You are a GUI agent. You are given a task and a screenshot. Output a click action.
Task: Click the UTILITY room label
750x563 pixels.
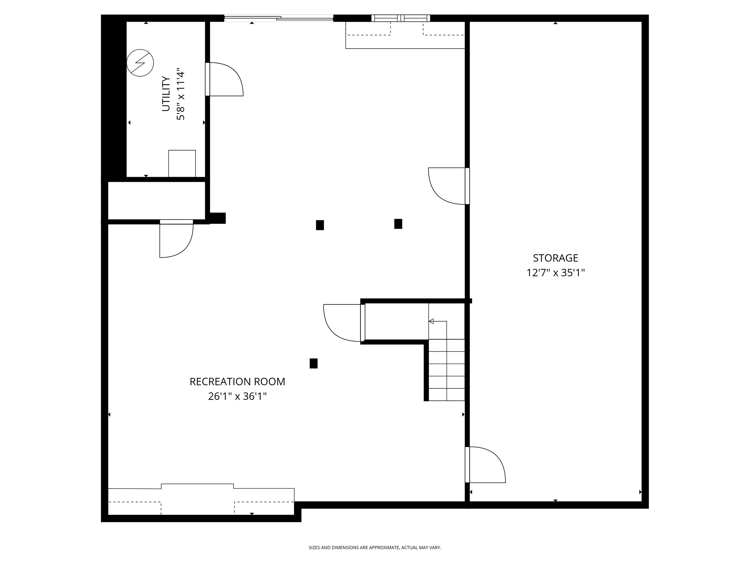166,94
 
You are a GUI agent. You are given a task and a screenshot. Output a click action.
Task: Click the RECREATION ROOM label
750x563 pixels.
237,381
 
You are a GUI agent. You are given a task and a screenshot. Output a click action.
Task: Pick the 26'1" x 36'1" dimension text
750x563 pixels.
237,396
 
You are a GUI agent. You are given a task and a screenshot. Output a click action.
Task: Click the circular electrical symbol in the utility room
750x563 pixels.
140,63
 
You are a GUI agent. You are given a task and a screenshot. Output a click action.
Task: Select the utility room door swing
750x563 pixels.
224,79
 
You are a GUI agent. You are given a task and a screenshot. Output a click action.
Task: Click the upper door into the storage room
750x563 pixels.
448,186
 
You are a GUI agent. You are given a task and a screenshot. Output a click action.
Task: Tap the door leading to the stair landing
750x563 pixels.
343,322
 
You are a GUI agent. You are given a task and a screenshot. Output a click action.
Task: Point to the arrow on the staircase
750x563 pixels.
431,321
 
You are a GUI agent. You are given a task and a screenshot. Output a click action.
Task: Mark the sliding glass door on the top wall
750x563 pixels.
279,18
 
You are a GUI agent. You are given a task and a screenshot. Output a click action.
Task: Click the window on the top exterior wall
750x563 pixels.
400,18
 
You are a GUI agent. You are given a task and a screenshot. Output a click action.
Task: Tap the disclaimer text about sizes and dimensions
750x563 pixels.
375,547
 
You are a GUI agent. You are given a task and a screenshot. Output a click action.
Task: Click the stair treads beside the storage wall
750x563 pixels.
447,370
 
